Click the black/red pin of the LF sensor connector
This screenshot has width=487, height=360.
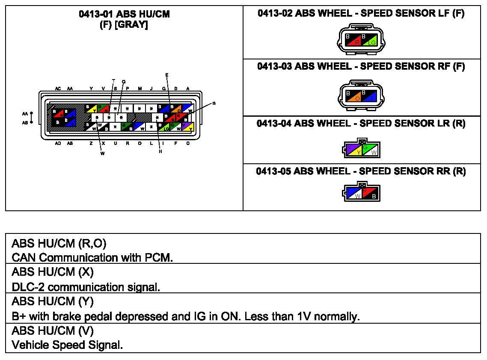click(x=353, y=40)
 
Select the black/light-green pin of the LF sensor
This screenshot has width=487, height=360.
click(x=369, y=40)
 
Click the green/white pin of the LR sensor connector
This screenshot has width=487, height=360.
click(x=370, y=150)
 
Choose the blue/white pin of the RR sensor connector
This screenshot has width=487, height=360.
click(x=354, y=194)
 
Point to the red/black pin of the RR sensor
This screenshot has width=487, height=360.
click(x=371, y=194)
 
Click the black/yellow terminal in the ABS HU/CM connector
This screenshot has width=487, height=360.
click(x=91, y=109)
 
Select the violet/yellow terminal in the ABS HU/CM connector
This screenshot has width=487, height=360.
click(x=187, y=127)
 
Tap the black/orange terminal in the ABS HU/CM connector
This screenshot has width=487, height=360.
click(x=175, y=109)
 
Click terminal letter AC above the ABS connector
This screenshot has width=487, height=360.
click(x=58, y=89)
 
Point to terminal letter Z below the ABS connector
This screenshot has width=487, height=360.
click(x=91, y=144)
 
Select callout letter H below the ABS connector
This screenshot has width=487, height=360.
click(x=160, y=151)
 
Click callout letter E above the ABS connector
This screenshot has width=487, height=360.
click(x=167, y=75)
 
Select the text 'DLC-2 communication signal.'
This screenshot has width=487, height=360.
click(x=86, y=287)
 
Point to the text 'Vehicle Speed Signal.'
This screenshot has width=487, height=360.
click(x=67, y=345)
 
